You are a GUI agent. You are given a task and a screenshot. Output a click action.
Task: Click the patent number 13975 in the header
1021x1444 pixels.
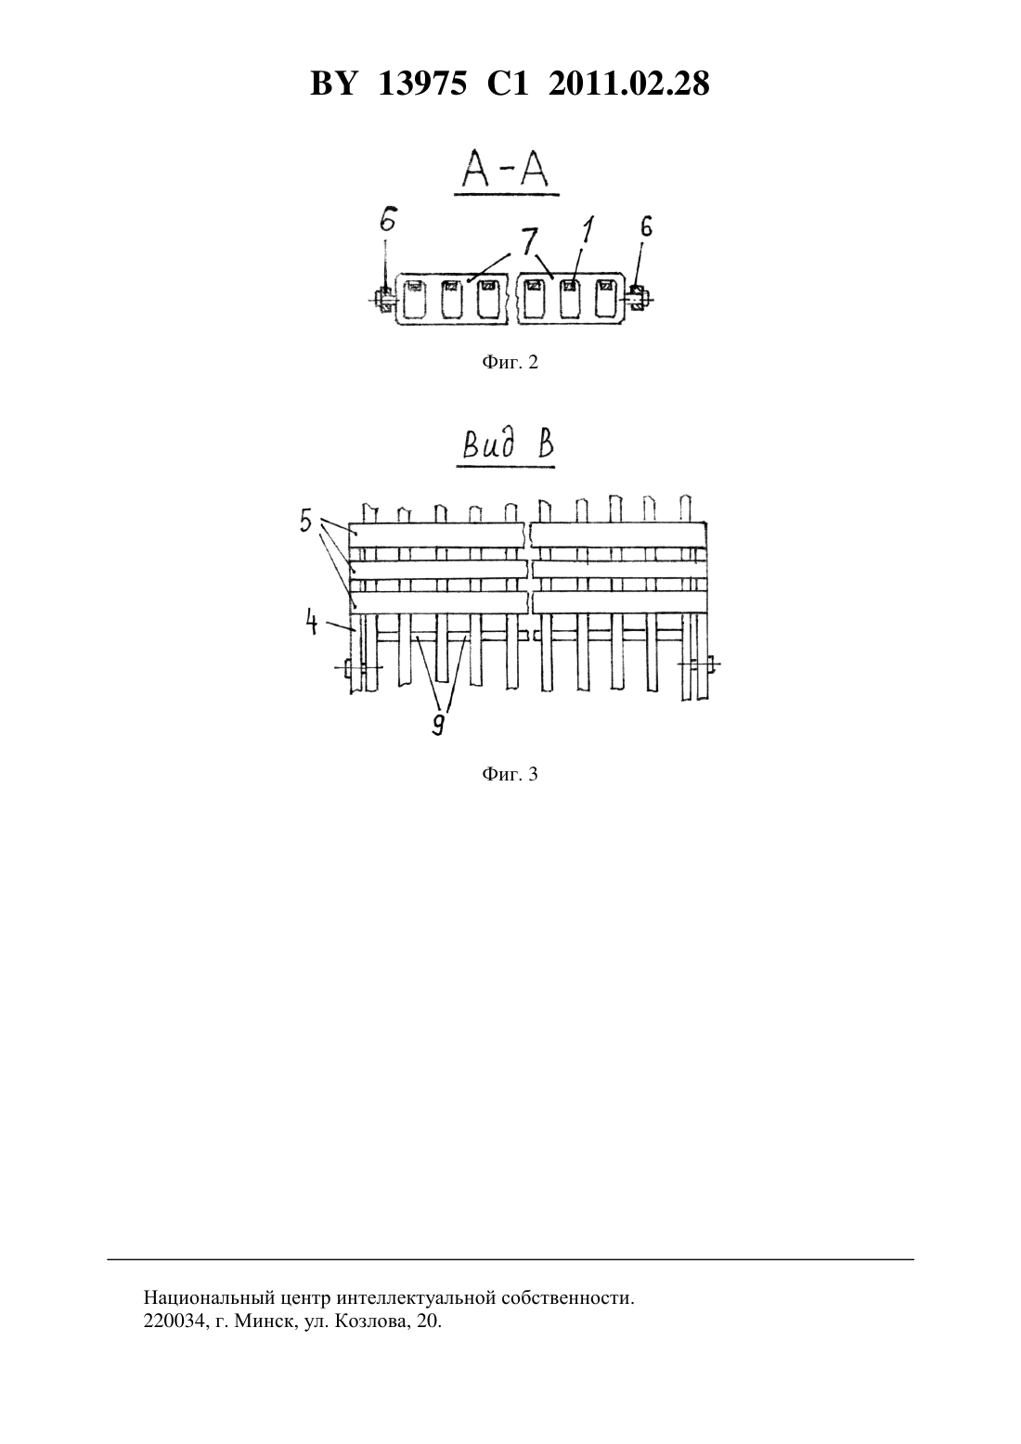coord(422,84)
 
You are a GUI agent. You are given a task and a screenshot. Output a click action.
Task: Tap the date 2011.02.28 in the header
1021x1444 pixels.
coord(629,84)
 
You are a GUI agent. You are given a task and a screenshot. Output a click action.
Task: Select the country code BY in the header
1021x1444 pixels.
coord(332,84)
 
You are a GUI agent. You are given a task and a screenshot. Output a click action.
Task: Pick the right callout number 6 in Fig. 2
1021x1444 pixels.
coord(646,226)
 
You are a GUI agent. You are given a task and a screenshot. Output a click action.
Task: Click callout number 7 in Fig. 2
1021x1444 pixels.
coord(528,241)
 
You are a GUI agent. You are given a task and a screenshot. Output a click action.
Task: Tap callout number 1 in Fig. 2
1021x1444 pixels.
coord(588,230)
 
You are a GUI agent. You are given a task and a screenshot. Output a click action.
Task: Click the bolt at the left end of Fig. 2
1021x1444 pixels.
coord(382,299)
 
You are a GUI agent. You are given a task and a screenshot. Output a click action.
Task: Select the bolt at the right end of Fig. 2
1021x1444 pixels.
coord(639,298)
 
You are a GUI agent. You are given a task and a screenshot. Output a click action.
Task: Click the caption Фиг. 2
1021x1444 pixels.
coord(510,362)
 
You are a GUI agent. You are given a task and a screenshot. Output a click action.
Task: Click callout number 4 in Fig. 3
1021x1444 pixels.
coord(311,624)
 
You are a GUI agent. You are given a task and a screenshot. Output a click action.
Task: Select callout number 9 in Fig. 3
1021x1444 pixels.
coord(438,725)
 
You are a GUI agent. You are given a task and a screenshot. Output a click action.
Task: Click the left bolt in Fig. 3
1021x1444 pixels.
coord(358,668)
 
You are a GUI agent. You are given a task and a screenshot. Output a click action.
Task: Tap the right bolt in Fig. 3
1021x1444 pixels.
coord(699,664)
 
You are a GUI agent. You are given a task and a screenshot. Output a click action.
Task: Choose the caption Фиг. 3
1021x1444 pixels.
coord(510,774)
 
